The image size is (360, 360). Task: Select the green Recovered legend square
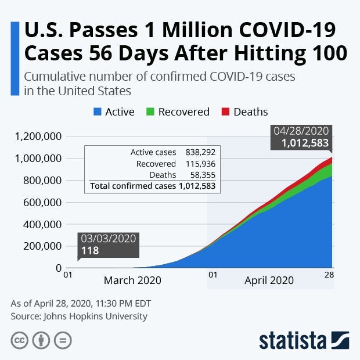tap(150, 111)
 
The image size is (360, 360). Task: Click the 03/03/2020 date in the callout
tap(109, 239)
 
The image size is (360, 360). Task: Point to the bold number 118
tap(90, 251)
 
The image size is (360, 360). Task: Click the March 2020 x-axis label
tap(132, 280)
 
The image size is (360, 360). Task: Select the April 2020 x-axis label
tap(269, 280)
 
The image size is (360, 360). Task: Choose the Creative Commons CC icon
tap(19, 340)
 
